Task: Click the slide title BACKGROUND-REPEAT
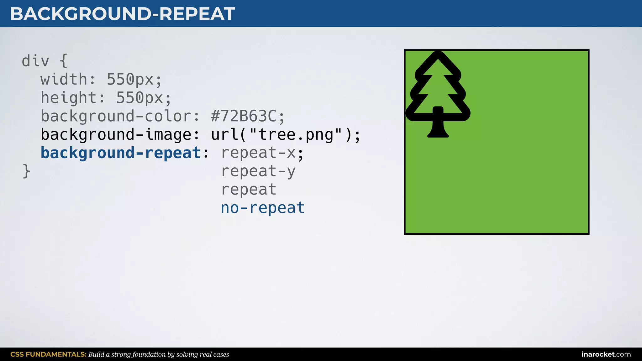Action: pyautogui.click(x=122, y=14)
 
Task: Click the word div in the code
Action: pyautogui.click(x=35, y=61)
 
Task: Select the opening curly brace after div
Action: pyautogui.click(x=63, y=61)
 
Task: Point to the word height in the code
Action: pyautogui.click(x=68, y=98)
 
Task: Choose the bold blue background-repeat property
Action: pyautogui.click(x=121, y=153)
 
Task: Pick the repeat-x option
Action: pyautogui.click(x=258, y=153)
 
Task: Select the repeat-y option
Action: pyautogui.click(x=258, y=171)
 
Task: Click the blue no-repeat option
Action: pyautogui.click(x=263, y=208)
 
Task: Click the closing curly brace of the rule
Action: pyautogui.click(x=26, y=171)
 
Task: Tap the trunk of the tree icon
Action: pyautogui.click(x=438, y=125)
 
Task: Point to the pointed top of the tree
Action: pyautogui.click(x=438, y=54)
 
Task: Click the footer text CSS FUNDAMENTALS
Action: pyautogui.click(x=48, y=354)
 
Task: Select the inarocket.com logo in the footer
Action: pyautogui.click(x=606, y=354)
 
